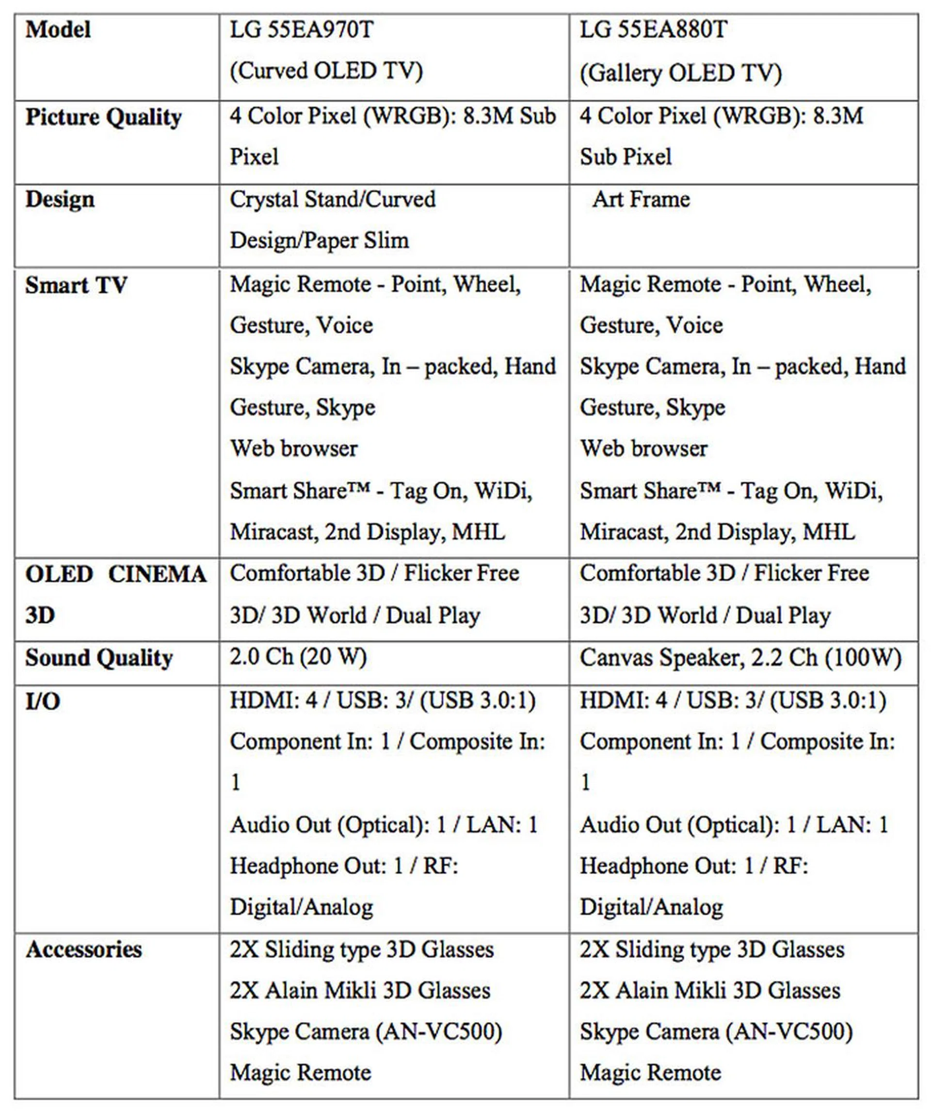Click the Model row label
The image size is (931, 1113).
point(58,29)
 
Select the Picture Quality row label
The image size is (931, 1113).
point(103,117)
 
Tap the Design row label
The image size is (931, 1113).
point(60,200)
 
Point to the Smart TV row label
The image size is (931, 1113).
point(76,285)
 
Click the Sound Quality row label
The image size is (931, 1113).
point(99,658)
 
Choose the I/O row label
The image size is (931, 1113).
point(43,702)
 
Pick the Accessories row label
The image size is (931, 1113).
point(84,949)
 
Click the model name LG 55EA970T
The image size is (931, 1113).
point(301,29)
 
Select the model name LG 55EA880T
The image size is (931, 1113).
point(653,29)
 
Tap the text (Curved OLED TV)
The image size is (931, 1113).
point(326,71)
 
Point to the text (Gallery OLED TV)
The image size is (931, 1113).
point(680,73)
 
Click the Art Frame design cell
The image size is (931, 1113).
point(641,200)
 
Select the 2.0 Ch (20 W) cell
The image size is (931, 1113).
point(298,657)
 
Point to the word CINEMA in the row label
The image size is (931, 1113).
point(157,575)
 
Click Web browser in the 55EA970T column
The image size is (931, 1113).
point(294,449)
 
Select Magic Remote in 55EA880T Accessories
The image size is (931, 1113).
point(650,1073)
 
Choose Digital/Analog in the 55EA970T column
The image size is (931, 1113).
point(301,907)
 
